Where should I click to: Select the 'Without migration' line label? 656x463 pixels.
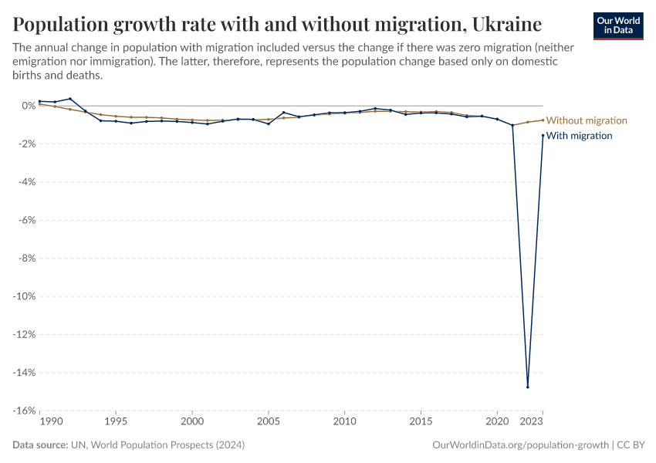point(587,120)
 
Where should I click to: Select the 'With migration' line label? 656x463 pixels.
point(579,136)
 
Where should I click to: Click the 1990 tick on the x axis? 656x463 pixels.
point(50,422)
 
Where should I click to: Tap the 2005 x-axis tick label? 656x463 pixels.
point(268,422)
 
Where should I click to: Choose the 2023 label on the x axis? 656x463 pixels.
point(531,422)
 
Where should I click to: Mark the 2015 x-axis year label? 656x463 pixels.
point(421,422)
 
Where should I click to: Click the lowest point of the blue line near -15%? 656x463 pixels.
point(528,387)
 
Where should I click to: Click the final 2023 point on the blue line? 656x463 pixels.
point(543,135)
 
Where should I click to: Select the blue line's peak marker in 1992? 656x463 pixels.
point(70,99)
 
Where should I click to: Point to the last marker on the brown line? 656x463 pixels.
point(543,120)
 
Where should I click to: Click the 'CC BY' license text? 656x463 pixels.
point(631,445)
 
